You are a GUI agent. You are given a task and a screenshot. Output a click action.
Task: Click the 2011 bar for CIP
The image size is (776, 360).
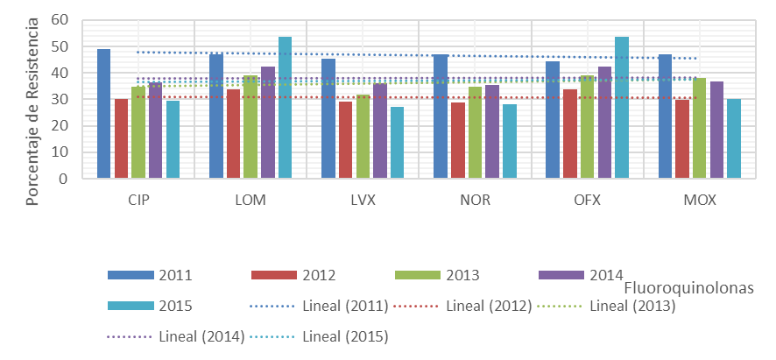103,114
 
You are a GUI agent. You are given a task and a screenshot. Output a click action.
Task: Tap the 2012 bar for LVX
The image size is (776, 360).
345,140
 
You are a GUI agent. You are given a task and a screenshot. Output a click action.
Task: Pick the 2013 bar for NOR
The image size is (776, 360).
474,132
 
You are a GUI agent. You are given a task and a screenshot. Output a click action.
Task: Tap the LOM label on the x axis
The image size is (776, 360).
250,201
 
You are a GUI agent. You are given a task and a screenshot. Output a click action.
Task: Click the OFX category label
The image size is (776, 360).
588,201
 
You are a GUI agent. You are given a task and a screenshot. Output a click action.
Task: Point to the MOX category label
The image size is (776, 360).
700,201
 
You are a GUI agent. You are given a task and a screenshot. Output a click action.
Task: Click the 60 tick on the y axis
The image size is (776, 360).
60,19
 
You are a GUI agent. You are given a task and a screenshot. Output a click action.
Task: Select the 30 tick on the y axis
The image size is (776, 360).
60,99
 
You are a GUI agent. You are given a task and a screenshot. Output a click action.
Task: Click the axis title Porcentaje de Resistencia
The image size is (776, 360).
32,110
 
